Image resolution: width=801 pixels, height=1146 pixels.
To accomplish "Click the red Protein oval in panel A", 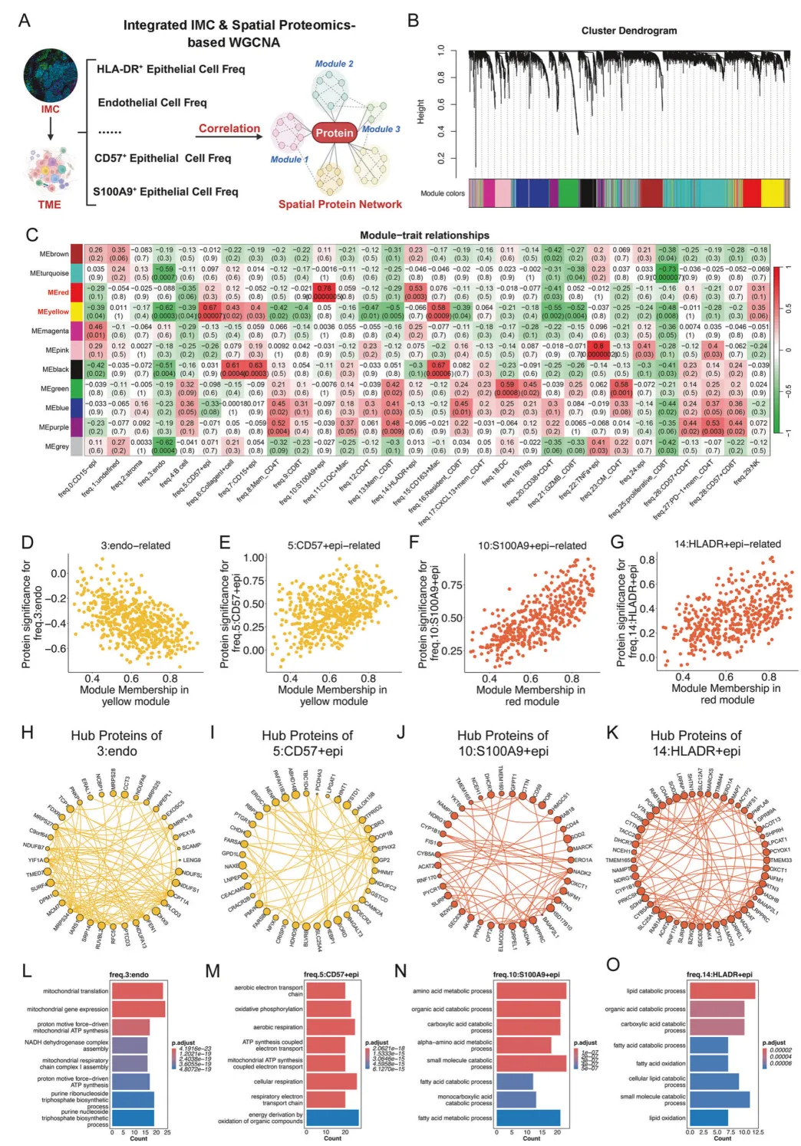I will [335, 133].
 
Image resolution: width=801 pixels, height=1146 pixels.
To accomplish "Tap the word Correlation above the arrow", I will [229, 128].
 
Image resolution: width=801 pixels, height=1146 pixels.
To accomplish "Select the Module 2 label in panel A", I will [335, 64].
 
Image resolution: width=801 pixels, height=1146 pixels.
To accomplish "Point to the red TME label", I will [50, 204].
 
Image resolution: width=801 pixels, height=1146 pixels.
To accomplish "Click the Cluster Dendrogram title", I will [628, 31].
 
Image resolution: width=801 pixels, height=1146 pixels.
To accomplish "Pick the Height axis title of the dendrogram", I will [420, 112].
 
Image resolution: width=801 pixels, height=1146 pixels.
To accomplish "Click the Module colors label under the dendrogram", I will [443, 193].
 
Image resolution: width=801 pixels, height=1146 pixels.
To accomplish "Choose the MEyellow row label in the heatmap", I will [54, 311].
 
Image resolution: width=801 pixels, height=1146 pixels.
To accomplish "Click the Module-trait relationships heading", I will [424, 235].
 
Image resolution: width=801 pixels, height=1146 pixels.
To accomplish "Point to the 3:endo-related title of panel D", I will [136, 545].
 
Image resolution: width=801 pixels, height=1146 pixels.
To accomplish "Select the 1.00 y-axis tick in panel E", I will [254, 558].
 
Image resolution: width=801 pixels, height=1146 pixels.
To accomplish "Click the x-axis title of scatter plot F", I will [531, 695].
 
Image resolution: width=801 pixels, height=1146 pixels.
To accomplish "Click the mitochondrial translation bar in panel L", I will [137, 991].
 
